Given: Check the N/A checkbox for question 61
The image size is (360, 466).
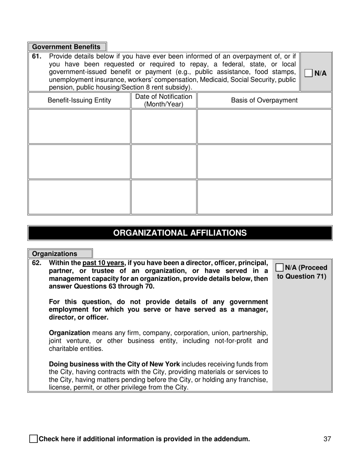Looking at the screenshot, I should (309, 73).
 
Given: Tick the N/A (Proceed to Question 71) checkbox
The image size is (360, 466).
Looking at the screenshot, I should (280, 267).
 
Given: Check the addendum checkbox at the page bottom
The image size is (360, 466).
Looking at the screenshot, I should (33, 439).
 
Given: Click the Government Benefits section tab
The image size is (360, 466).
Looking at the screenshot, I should (67, 47).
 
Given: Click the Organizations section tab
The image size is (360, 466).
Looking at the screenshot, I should (60, 254).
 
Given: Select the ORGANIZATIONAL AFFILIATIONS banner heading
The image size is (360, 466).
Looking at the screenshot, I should (180, 233).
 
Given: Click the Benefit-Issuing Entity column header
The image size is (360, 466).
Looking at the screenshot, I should (79, 100).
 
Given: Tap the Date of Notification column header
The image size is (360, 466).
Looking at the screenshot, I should (164, 100).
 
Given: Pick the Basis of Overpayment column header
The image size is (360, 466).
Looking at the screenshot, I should (264, 100).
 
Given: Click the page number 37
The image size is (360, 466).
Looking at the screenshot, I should (327, 439).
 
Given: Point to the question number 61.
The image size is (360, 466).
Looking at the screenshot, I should (36, 57).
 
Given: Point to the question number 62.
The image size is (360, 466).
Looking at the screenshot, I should (36, 263).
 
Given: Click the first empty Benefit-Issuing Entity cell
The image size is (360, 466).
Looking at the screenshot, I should (79, 126).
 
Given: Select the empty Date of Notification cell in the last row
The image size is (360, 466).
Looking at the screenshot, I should (164, 197).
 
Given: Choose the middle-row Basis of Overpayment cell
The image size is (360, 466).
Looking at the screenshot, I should (264, 162).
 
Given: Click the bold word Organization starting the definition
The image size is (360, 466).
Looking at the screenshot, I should (69, 333).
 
